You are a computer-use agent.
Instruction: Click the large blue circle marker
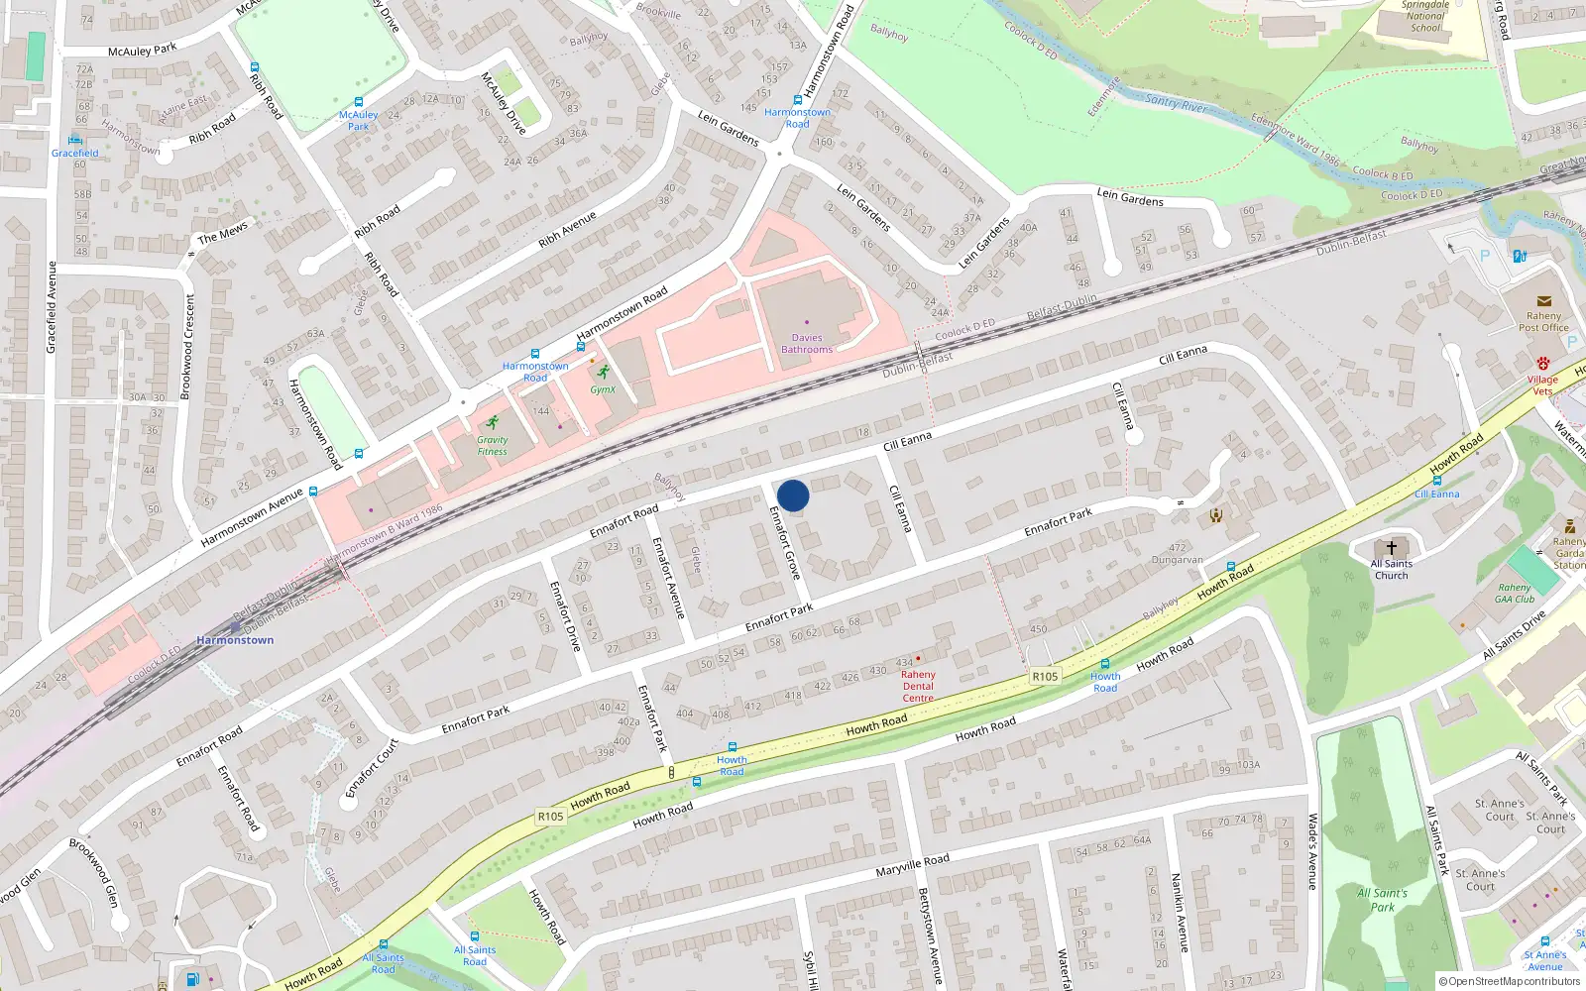click(x=793, y=495)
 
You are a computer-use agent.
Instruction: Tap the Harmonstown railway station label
click(x=235, y=640)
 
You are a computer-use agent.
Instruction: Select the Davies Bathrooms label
click(x=807, y=344)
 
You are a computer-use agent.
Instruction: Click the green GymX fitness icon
click(x=603, y=373)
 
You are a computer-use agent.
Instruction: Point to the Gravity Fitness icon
click(x=493, y=422)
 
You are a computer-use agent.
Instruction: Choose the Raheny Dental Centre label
click(x=918, y=686)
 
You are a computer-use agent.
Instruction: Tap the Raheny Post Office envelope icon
click(x=1543, y=301)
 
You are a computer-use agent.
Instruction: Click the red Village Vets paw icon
click(x=1542, y=364)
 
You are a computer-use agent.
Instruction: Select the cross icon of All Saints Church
click(x=1392, y=548)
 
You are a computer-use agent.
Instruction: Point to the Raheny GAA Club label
click(x=1515, y=593)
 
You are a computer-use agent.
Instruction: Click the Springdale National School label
click(x=1425, y=17)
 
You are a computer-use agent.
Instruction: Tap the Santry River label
click(x=1177, y=102)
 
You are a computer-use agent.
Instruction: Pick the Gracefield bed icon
click(x=75, y=140)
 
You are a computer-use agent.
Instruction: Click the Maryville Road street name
click(x=912, y=865)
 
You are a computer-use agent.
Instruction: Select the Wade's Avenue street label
click(x=1312, y=851)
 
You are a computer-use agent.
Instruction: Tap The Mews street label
click(x=223, y=233)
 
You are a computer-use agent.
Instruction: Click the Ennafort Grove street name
click(x=785, y=543)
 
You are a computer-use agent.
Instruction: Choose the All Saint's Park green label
click(x=1382, y=900)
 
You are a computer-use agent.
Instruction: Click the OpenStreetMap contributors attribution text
click(x=1510, y=982)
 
